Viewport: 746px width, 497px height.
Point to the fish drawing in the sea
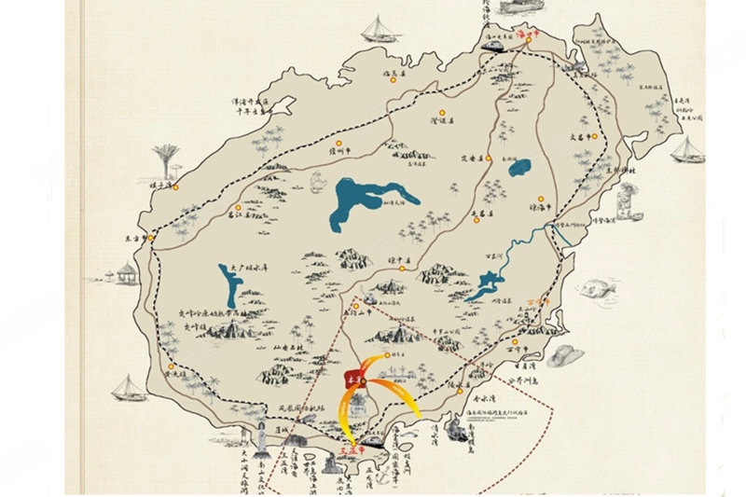point(600,287)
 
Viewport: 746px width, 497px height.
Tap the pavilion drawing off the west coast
point(127,273)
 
